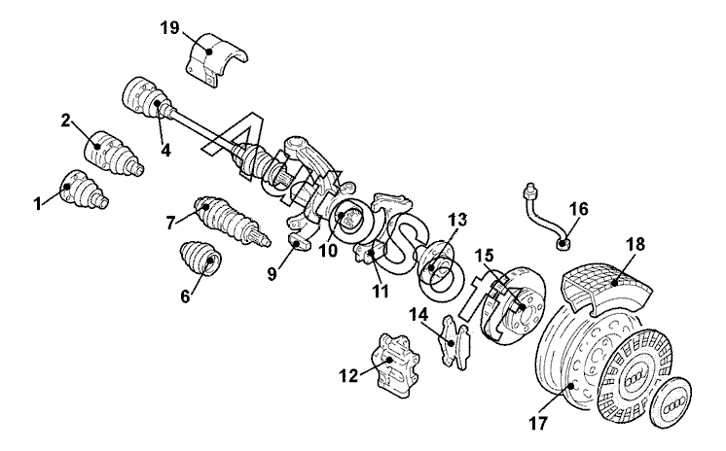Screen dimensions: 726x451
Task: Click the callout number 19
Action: (x=169, y=28)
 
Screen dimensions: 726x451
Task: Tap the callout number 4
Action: (x=165, y=150)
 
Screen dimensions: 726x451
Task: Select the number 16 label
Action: (x=578, y=209)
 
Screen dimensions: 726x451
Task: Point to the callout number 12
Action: (x=348, y=376)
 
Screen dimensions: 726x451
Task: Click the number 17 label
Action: (x=538, y=423)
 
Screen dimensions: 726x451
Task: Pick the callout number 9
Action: (x=272, y=274)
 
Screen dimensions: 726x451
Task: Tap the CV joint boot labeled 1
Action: (x=84, y=190)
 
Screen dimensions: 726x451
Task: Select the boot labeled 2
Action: (x=114, y=155)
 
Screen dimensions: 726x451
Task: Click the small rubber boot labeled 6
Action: (x=200, y=258)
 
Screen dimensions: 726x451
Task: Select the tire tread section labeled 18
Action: (x=606, y=288)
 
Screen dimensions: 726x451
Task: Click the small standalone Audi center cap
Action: (x=671, y=401)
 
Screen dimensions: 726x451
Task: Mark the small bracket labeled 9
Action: (x=299, y=242)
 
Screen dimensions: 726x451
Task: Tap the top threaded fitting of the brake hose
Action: (x=529, y=190)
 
